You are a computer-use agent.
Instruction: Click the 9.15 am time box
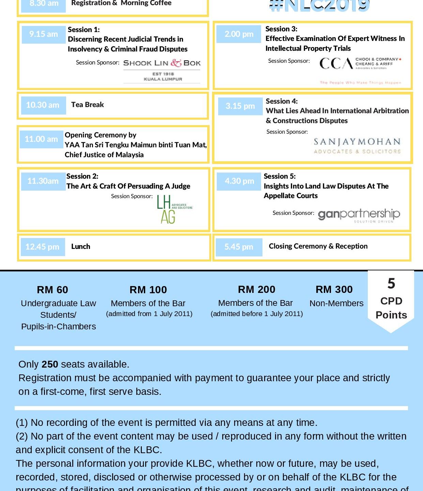tap(44, 34)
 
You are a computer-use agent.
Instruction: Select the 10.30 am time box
tap(43, 105)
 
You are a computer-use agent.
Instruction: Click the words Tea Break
tap(88, 105)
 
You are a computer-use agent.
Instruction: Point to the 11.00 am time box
tap(41, 139)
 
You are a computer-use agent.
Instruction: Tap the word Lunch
tap(81, 247)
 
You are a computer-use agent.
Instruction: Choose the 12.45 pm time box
tap(42, 247)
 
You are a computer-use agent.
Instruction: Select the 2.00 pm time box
tap(239, 34)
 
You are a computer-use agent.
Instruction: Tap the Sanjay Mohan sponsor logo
tap(357, 146)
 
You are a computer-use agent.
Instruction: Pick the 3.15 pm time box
tap(240, 106)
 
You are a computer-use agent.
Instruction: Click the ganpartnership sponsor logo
tap(359, 215)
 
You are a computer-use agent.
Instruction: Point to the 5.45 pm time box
tap(239, 247)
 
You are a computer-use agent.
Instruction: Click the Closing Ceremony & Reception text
tap(318, 246)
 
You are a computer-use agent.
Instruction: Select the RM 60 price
tap(52, 290)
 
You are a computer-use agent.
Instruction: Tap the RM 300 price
tap(334, 289)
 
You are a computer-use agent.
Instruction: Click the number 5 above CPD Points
tap(391, 284)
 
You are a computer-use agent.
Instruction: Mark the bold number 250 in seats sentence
tap(50, 364)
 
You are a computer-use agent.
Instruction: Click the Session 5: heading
tap(280, 176)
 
